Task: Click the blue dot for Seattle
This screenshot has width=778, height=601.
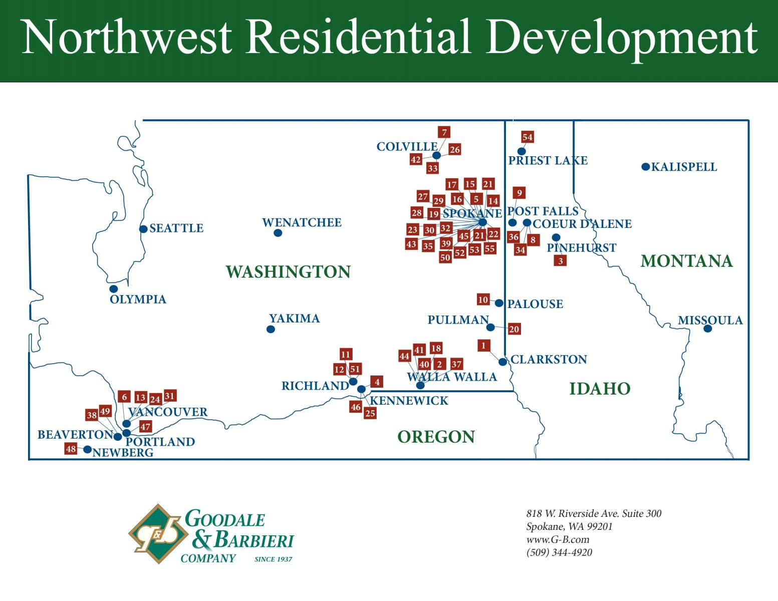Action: coord(143,229)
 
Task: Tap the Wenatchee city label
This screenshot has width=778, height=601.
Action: coord(302,223)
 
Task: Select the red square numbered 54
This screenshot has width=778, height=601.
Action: coord(528,137)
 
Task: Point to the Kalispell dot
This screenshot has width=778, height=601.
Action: coord(646,167)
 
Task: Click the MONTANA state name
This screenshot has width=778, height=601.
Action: coord(686,261)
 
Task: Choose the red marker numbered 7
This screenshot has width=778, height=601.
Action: coord(444,132)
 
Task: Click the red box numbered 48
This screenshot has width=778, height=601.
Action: coord(71,449)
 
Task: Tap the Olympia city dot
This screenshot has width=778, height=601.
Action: coord(114,288)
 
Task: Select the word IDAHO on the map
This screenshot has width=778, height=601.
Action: coord(600,389)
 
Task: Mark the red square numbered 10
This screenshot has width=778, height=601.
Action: coord(483,299)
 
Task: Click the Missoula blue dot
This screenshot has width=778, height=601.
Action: coord(707,329)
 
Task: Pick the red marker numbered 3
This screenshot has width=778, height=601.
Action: coord(560,260)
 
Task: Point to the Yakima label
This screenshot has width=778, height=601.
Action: coord(294,318)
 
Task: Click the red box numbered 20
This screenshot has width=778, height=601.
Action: coord(514,329)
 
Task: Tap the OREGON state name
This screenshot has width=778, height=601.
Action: coord(436,437)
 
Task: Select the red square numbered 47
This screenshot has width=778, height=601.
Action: coord(145,427)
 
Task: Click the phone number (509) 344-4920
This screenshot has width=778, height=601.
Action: coord(559,552)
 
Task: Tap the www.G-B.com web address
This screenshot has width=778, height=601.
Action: coord(558,539)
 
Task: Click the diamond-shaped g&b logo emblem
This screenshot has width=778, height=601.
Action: coord(158,534)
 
